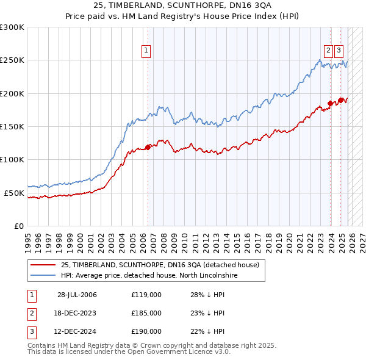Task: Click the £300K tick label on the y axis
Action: pyautogui.click(x=12, y=27)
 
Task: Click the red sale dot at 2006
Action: pyautogui.click(x=148, y=147)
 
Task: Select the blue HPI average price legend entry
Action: pyautogui.click(x=149, y=276)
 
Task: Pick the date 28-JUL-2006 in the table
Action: pyautogui.click(x=77, y=295)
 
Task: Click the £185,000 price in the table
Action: pyautogui.click(x=146, y=313)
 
